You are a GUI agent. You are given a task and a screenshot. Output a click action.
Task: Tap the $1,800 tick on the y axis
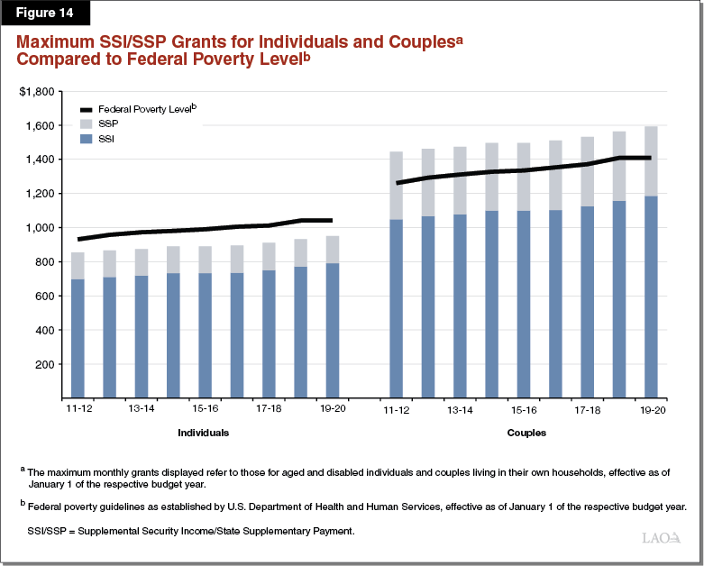pyautogui.click(x=37, y=92)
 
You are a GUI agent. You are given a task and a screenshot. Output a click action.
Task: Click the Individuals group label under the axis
pyautogui.click(x=203, y=433)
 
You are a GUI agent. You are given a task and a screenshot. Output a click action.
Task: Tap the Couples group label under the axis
pyautogui.click(x=526, y=433)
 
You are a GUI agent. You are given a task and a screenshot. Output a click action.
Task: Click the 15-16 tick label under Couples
pyautogui.click(x=523, y=410)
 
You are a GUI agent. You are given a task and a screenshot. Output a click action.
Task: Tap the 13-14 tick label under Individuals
pyautogui.click(x=142, y=410)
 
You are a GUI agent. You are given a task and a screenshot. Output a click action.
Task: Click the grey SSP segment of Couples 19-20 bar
pyautogui.click(x=651, y=161)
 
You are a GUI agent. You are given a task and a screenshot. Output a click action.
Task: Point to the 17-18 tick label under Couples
pyautogui.click(x=587, y=410)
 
